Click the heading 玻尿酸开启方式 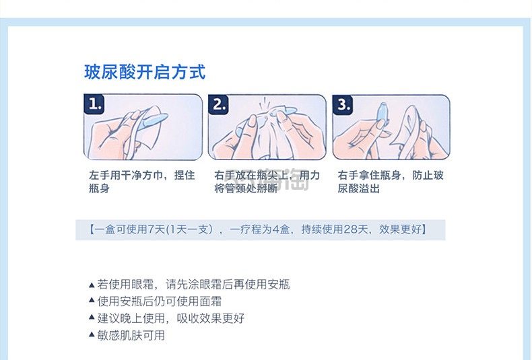(x=145, y=72)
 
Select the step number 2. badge (x=220, y=105)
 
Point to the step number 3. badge (x=344, y=105)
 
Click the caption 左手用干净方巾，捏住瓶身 (x=141, y=182)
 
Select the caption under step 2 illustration (x=267, y=182)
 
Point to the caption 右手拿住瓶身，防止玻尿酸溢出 (x=391, y=182)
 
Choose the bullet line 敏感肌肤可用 (x=131, y=335)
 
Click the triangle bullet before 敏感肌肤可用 (x=92, y=335)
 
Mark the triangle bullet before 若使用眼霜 (x=92, y=285)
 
